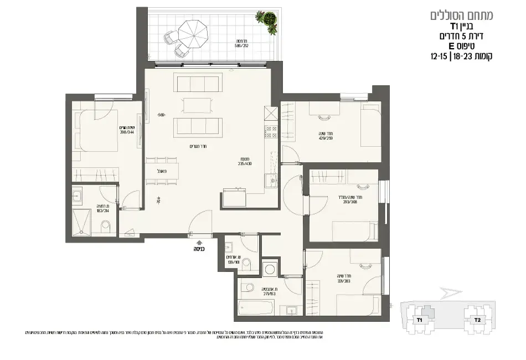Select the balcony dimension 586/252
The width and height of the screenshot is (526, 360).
(240, 45)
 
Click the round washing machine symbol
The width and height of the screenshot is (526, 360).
(271, 269)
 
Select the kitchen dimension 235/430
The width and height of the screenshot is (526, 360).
(245, 163)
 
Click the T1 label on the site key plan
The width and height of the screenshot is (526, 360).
(419, 320)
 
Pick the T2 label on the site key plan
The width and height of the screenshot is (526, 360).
(476, 320)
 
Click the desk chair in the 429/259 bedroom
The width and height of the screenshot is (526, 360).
(322, 116)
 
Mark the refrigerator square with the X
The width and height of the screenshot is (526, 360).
(270, 114)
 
